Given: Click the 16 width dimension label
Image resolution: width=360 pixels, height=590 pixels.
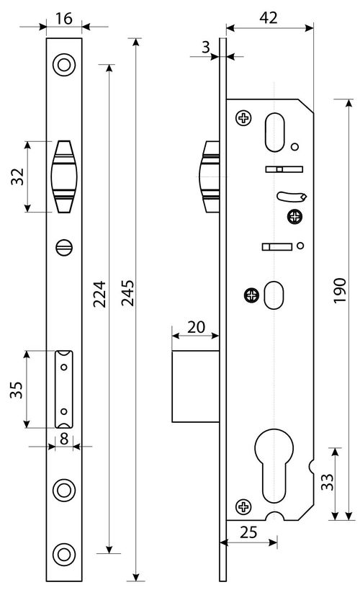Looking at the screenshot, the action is coord(63,18).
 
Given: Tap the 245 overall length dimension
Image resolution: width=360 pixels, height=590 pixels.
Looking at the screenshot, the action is coord(127,292).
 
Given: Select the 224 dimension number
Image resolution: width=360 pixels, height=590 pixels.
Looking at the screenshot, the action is coord(99,294).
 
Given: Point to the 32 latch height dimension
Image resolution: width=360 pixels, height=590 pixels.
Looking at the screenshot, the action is coord(17,176).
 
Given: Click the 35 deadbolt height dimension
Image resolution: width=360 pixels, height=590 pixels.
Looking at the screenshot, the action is coord(17,390).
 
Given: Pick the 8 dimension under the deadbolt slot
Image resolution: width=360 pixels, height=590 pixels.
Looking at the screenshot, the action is coord(64,439).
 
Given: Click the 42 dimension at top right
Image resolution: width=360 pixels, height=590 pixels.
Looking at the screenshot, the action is coord(269,18).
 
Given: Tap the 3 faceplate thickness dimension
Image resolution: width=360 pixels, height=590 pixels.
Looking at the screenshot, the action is coord(205,47).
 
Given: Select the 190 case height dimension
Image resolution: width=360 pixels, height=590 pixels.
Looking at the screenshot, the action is coord(340,290).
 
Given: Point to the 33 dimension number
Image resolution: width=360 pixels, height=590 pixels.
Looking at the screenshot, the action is coord(327,482).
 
